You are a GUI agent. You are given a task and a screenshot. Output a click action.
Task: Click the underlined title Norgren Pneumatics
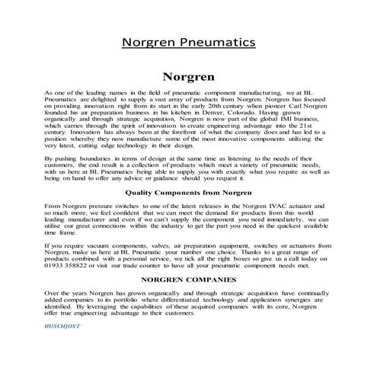tap(188, 43)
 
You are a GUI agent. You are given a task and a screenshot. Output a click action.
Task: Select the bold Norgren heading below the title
tap(188, 77)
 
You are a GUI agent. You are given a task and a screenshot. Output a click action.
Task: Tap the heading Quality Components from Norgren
tap(187, 193)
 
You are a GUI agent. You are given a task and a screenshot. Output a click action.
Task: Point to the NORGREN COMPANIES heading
tap(187, 280)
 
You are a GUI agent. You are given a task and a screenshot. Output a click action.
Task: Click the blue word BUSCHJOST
tap(63, 326)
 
